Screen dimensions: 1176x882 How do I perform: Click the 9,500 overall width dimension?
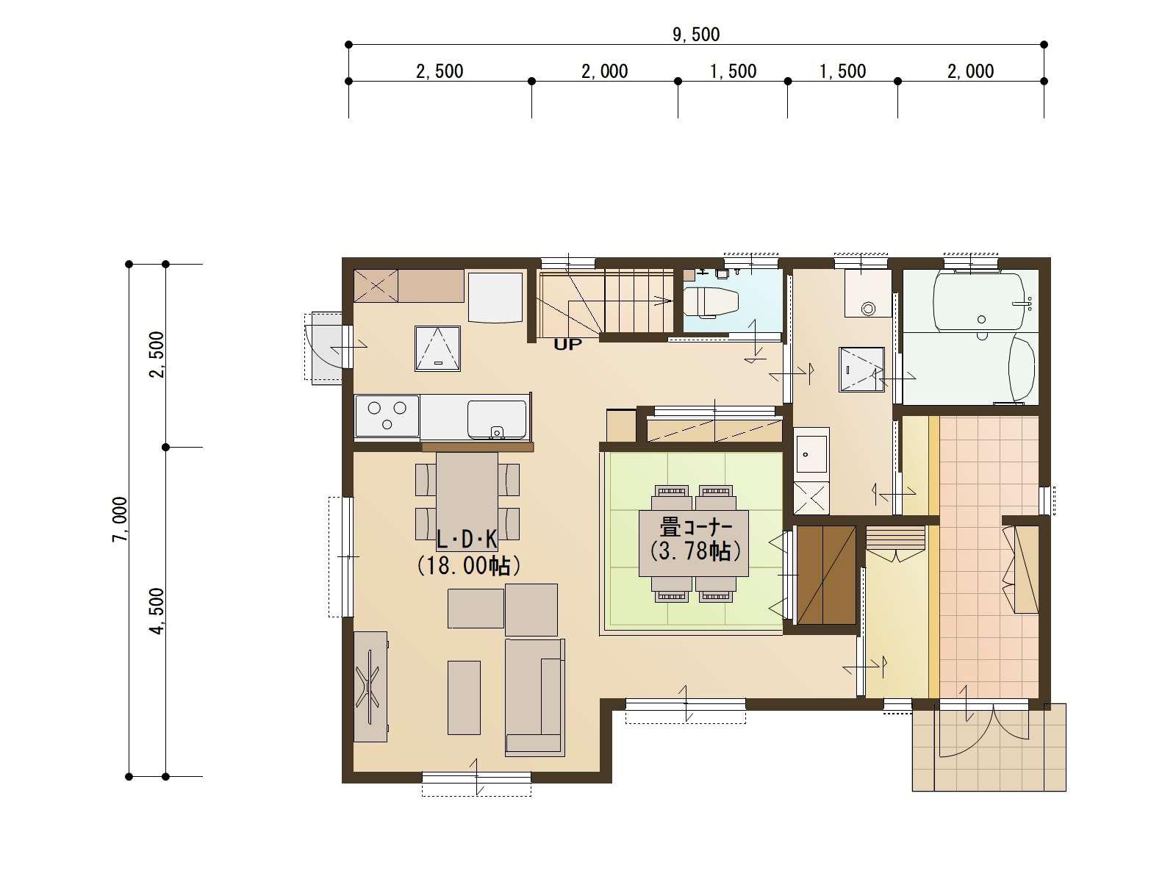pyautogui.click(x=696, y=35)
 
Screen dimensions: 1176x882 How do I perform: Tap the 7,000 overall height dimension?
pyautogui.click(x=121, y=520)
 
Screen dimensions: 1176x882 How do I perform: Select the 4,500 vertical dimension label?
pyautogui.click(x=157, y=611)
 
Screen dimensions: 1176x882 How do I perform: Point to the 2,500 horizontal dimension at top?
pyautogui.click(x=440, y=71)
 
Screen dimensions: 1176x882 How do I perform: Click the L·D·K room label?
pyautogui.click(x=467, y=539)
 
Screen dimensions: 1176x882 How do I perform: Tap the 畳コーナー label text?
pyautogui.click(x=695, y=528)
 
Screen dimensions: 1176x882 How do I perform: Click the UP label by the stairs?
pyautogui.click(x=567, y=344)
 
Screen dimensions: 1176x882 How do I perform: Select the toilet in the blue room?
pyautogui.click(x=711, y=303)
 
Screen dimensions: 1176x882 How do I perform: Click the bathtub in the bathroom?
pyautogui.click(x=979, y=301)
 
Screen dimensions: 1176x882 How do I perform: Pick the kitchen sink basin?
pyautogui.click(x=496, y=420)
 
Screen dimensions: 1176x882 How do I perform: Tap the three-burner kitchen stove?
pyautogui.click(x=387, y=415)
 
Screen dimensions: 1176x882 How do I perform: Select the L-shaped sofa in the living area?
pyautogui.click(x=534, y=697)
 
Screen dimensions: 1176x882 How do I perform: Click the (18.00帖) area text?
pyautogui.click(x=469, y=565)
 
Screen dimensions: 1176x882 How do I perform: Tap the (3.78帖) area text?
pyautogui.click(x=695, y=551)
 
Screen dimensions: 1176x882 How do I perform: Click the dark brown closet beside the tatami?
pyautogui.click(x=825, y=576)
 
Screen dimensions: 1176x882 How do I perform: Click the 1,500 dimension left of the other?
pyautogui.click(x=733, y=71)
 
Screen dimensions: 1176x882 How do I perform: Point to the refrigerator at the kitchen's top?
pyautogui.click(x=495, y=298)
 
